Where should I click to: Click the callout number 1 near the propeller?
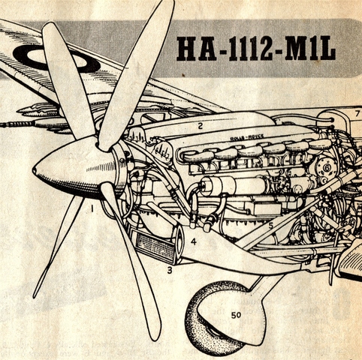coord(92,208)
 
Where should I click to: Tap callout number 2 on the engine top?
coord(200,126)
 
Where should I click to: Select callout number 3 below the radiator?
coord(170,270)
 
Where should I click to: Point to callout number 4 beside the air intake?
coord(194,241)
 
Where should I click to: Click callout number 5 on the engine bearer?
coord(270,226)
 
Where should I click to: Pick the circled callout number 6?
coord(327,168)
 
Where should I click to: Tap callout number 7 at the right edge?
coord(357,113)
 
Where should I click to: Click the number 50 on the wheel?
coord(236,315)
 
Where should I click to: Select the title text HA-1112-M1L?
coord(256,49)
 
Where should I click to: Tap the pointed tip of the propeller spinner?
coord(34,170)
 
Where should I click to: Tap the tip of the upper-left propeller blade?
coord(50,25)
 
